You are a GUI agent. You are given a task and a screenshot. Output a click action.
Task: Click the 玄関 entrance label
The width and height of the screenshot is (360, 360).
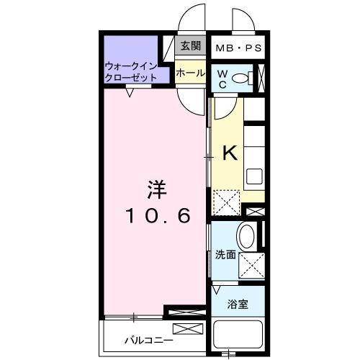(190, 47)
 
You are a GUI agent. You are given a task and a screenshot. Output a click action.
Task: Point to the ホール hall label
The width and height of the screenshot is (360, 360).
(190, 73)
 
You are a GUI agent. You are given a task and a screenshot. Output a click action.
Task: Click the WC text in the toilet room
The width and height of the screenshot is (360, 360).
(222, 78)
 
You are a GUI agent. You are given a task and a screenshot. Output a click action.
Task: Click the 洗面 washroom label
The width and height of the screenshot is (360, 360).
(225, 254)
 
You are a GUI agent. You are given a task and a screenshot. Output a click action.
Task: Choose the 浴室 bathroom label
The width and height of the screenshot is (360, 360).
(239, 303)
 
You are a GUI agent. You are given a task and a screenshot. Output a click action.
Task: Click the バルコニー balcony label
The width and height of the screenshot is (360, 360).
(148, 339)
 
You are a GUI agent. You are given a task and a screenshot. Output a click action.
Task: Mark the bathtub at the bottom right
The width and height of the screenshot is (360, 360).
(240, 336)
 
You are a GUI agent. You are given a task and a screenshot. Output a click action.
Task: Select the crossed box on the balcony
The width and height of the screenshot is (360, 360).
(184, 330)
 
